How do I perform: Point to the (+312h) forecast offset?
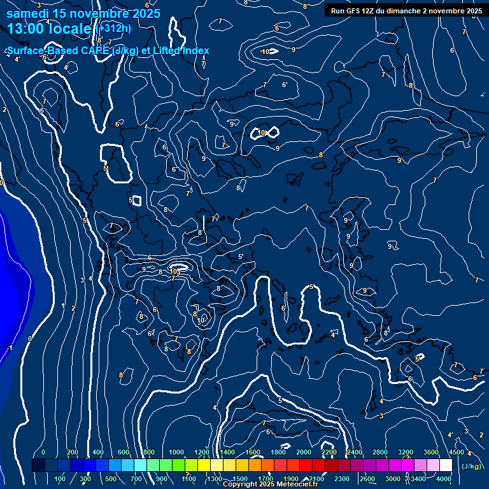coord(114,28)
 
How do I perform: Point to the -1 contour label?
coord(9,348)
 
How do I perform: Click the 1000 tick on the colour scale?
coord(176,452)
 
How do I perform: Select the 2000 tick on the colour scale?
coord(304,452)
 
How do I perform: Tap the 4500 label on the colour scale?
coord(456,452)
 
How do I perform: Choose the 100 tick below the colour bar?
coord(60,479)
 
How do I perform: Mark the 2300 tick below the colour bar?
coord(342,479)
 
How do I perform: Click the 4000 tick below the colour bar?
coord(444,479)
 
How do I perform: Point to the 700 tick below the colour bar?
coord(136,479)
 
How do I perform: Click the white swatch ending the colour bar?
coord(446,465)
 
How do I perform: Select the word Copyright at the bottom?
coord(241,485)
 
